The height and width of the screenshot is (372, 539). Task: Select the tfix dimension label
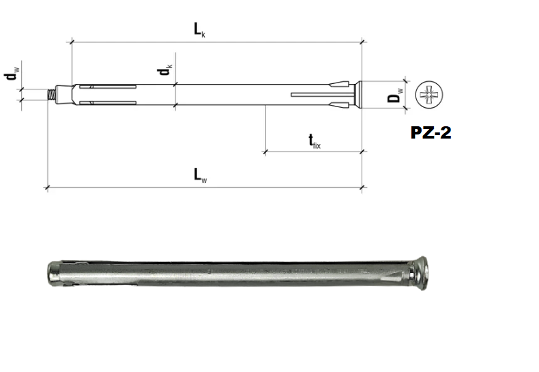click(x=314, y=141)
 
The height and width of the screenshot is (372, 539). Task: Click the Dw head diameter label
click(x=396, y=94)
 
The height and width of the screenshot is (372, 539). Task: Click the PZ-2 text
click(x=431, y=132)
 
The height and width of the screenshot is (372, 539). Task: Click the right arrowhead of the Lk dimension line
click(x=358, y=42)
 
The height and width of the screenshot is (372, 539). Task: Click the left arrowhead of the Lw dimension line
click(x=49, y=186)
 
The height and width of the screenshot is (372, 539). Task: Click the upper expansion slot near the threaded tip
click(x=109, y=87)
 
